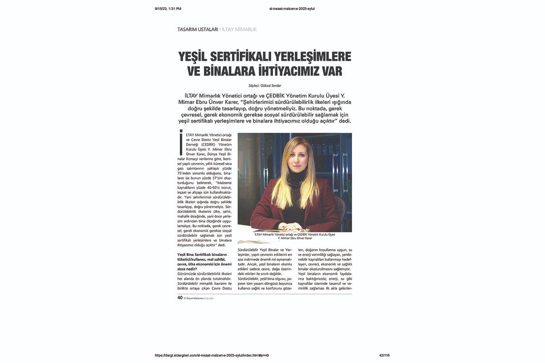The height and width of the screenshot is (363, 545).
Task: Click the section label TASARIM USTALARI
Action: tap(198, 29)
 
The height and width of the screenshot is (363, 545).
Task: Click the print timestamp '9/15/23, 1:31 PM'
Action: tap(168, 9)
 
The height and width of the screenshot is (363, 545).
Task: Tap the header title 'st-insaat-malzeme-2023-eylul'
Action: tap(292, 9)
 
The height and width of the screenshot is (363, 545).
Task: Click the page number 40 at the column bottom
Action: tap(180, 298)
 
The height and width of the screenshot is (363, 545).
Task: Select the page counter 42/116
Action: tap(384, 355)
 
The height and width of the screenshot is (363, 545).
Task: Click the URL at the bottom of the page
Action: tap(215, 355)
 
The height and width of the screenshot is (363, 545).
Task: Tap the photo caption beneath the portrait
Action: tap(295, 236)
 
